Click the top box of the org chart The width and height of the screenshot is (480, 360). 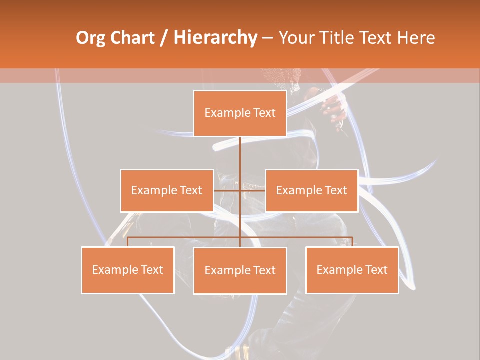click(240, 113)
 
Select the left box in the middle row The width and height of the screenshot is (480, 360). click(167, 190)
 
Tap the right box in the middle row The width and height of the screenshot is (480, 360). click(311, 190)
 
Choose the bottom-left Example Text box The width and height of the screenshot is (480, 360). click(128, 270)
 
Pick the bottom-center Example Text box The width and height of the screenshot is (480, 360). click(240, 271)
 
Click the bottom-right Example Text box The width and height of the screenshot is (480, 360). click(352, 270)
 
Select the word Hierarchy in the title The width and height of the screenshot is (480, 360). click(215, 38)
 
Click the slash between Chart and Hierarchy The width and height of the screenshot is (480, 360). click(163, 38)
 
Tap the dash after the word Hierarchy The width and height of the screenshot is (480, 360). click(267, 38)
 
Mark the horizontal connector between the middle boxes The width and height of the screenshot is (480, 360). click(227, 190)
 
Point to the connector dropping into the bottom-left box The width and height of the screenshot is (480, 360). click(128, 242)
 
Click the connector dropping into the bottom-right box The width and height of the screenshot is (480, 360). click(352, 242)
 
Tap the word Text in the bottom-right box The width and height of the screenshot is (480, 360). click(376, 270)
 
